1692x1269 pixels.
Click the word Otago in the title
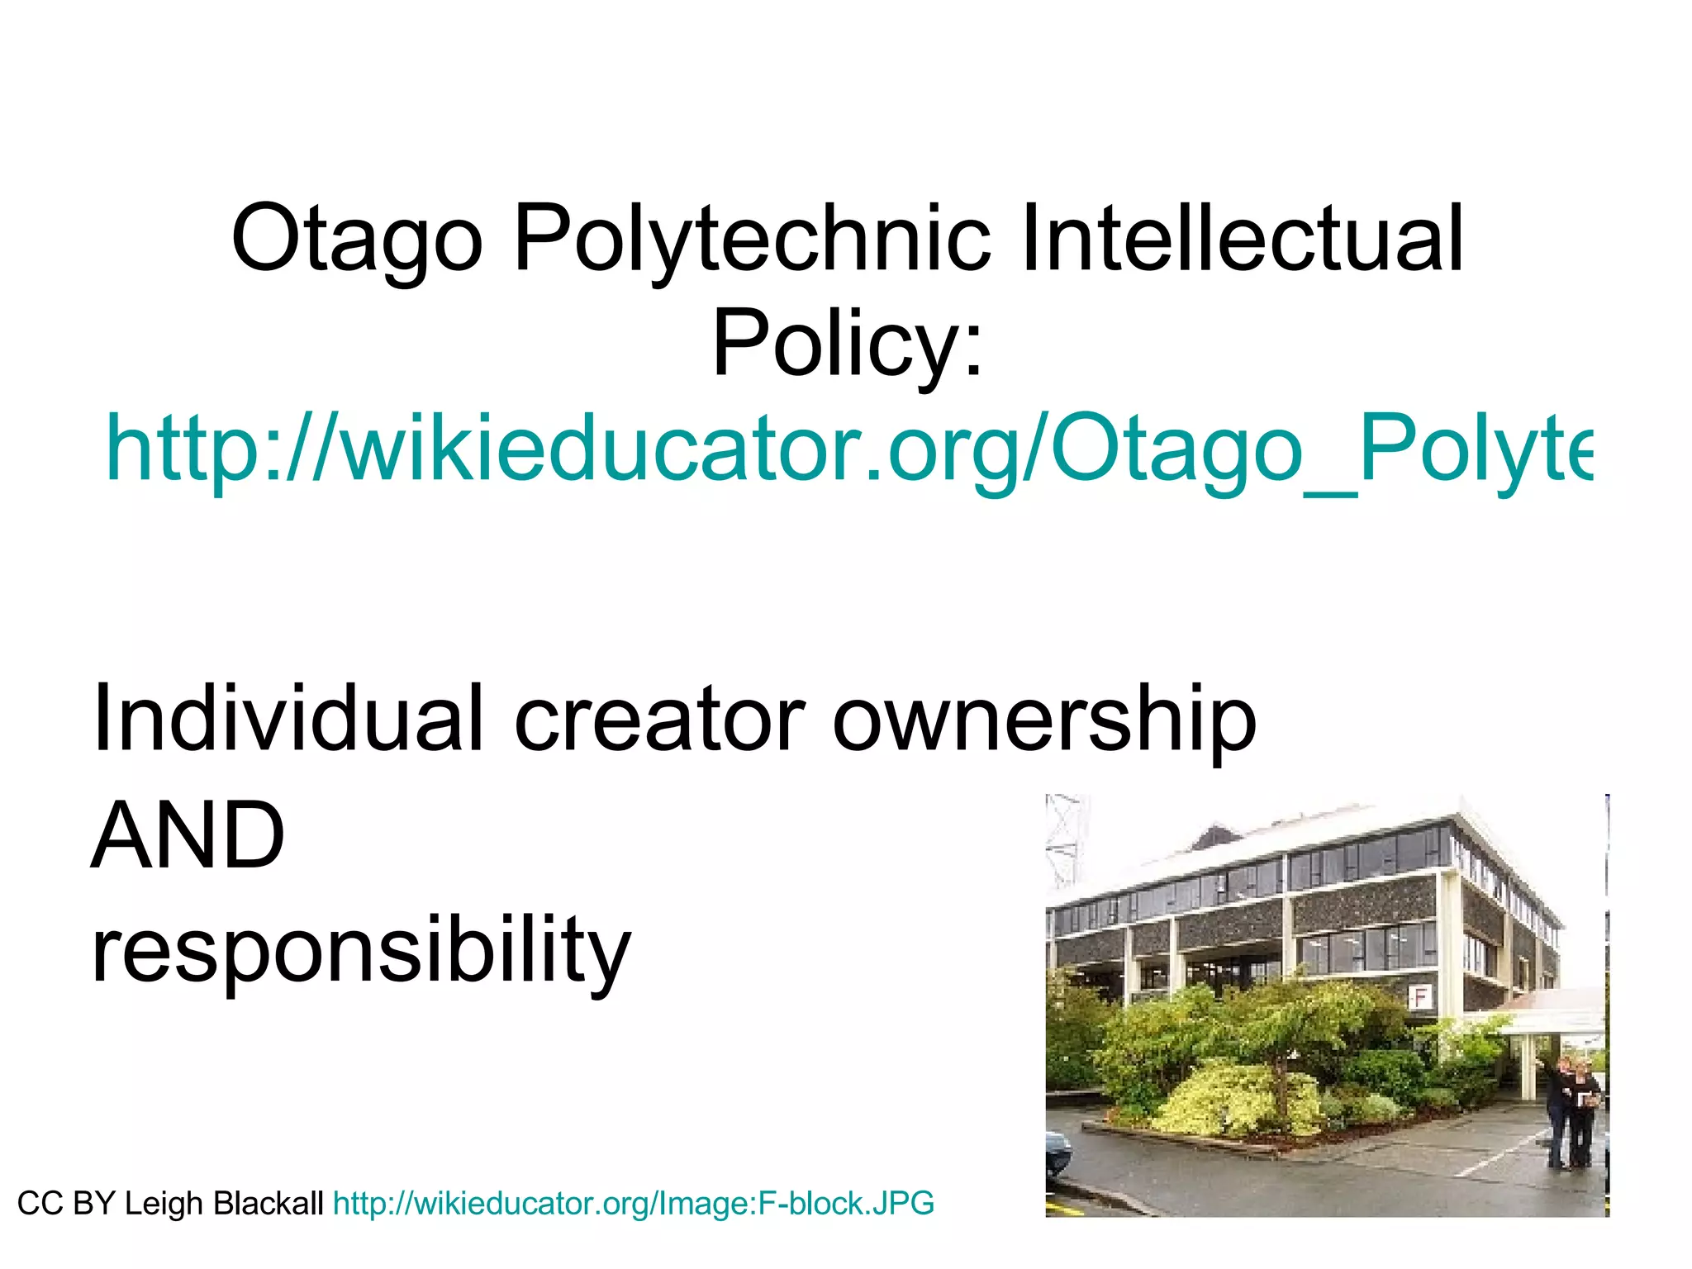(356, 240)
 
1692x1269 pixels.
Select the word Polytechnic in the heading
(751, 240)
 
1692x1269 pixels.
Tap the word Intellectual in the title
(1242, 240)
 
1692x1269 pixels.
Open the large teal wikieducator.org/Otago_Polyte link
(847, 450)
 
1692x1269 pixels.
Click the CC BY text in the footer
(66, 1204)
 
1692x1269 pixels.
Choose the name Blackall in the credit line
(268, 1204)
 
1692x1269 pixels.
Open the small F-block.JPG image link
(634, 1204)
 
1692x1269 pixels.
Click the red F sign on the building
(1420, 997)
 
